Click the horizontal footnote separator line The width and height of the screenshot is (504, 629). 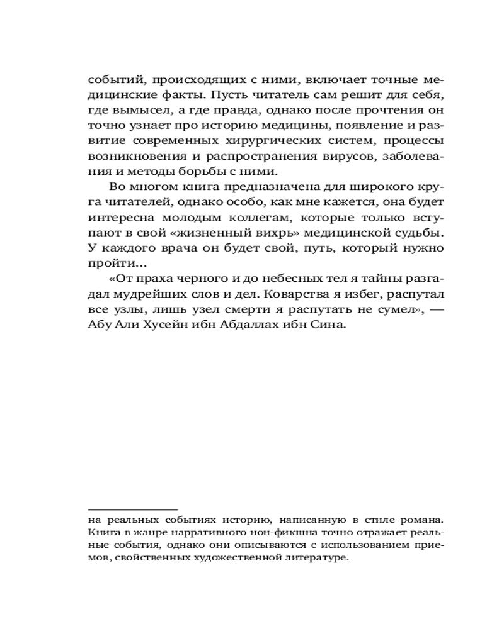[x=133, y=509]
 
